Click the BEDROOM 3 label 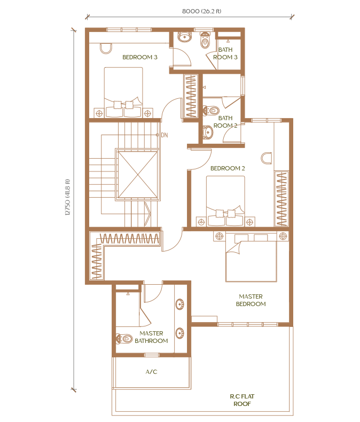139,57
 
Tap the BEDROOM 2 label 228,168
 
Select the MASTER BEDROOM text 251,300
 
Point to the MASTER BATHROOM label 151,337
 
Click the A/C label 151,372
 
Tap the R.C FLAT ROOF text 242,400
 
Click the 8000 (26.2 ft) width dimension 201,11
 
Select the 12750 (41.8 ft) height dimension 67,197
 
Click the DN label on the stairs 165,135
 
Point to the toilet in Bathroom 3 205,41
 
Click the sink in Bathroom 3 185,37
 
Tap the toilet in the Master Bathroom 124,338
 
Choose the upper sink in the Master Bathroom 179,304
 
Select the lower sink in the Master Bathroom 179,333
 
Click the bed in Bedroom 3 123,92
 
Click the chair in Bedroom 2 267,158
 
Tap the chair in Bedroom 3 106,49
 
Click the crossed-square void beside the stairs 138,174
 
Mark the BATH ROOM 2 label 225,122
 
